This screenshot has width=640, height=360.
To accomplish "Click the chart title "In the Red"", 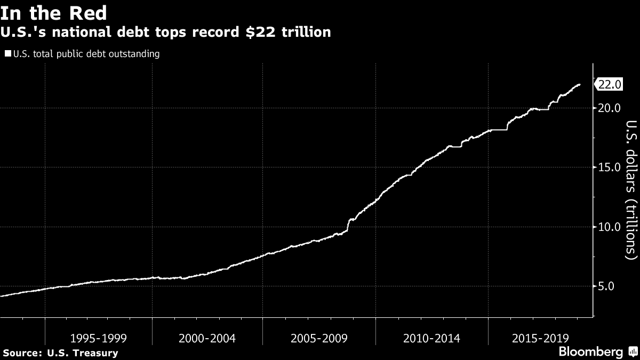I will tap(53, 12).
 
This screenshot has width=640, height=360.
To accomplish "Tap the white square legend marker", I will tap(7, 53).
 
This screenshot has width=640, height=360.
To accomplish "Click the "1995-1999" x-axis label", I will tap(98, 338).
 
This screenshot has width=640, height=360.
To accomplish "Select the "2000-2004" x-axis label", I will tap(207, 338).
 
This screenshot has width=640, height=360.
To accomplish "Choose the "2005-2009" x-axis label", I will tap(319, 338).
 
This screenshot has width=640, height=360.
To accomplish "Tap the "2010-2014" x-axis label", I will tap(431, 338).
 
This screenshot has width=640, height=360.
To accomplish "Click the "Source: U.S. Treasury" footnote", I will tap(60, 353).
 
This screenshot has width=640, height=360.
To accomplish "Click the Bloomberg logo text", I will tap(590, 352).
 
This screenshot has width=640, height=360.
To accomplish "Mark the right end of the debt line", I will tap(580, 85).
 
